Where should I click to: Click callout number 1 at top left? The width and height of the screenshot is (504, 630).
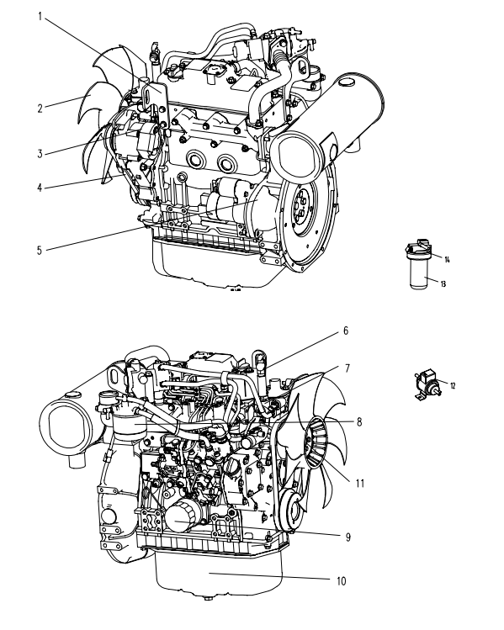point(40,17)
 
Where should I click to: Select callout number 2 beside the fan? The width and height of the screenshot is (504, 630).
point(40,109)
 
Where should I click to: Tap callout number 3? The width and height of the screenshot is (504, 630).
point(40,153)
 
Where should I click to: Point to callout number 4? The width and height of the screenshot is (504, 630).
point(40,188)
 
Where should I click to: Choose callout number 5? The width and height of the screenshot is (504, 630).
point(40,251)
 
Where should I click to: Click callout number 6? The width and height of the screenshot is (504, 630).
point(346,331)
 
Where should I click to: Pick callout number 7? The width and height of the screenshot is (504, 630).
point(347,368)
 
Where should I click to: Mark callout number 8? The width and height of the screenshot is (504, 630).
point(359,422)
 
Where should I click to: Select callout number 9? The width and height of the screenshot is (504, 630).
point(348,537)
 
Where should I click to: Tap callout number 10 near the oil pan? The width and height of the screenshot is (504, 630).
point(342,581)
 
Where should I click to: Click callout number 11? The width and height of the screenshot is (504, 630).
point(360,483)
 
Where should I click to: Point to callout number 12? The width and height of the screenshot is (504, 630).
point(453,386)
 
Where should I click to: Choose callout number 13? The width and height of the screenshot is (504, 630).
point(443,284)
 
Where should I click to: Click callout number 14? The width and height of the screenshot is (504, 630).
point(447,260)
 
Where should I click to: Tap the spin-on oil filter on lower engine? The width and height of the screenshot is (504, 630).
point(183,518)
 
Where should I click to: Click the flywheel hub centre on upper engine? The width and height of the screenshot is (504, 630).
point(301,209)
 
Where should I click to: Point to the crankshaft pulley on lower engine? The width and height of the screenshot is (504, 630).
point(293,510)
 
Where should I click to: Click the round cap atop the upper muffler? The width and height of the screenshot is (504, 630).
point(346,82)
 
